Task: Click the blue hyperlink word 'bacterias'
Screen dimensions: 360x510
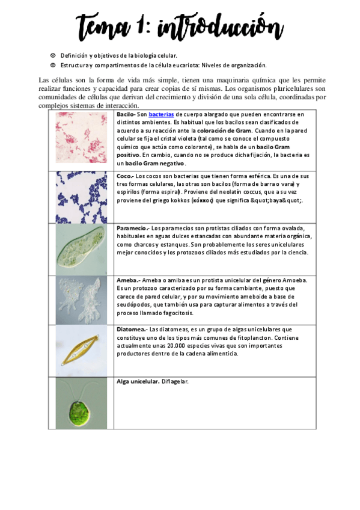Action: [x=161, y=114]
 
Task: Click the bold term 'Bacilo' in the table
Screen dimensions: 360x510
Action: [x=125, y=114]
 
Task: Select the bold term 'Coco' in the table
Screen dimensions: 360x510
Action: [x=124, y=176]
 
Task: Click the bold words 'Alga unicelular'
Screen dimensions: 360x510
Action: [x=138, y=381]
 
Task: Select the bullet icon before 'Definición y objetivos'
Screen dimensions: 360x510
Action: [x=53, y=55]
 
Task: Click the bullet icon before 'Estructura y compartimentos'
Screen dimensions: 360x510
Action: [x=53, y=65]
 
